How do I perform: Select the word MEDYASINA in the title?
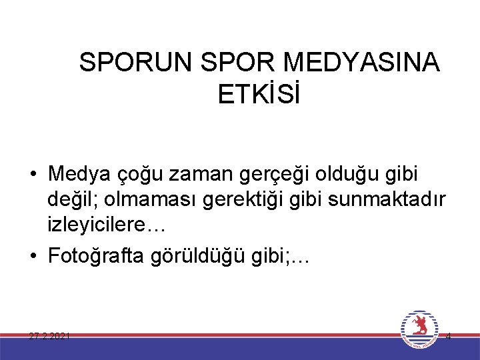tap(361, 63)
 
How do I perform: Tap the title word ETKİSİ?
tap(259, 95)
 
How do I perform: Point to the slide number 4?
tap(448, 336)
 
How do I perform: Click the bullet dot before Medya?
tap(33, 175)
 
